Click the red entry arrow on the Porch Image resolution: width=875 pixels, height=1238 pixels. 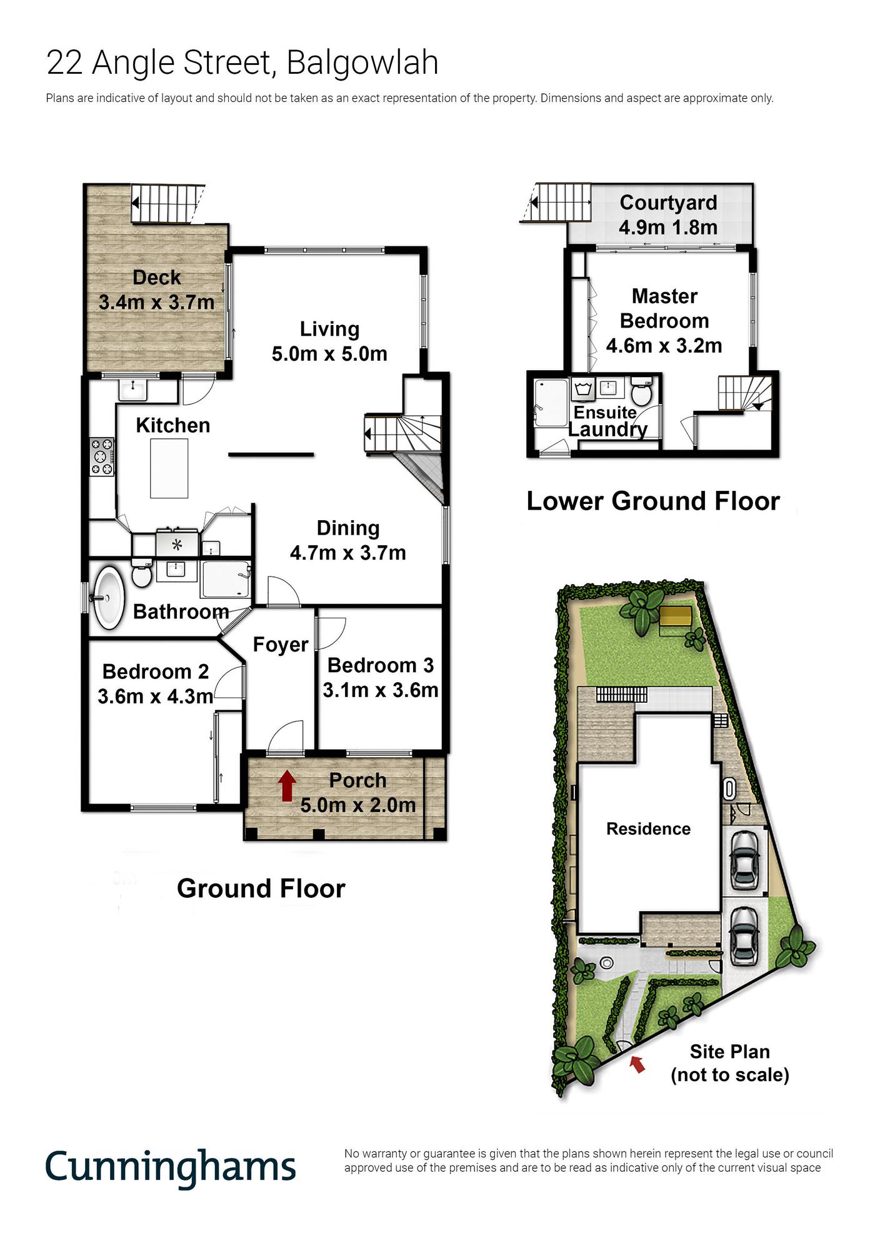(287, 786)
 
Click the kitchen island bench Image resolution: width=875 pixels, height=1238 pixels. (169, 468)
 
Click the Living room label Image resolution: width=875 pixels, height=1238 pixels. (329, 329)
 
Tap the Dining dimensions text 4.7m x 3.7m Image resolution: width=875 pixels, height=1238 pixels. (348, 553)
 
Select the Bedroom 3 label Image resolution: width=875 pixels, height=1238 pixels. (381, 665)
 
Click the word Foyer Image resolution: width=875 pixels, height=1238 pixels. (281, 645)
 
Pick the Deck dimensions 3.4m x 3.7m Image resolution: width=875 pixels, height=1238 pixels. (157, 302)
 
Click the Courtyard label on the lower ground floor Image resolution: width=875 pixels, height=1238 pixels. (668, 203)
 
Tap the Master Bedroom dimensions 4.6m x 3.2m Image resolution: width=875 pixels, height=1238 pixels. (664, 345)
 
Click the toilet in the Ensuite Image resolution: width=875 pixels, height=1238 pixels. (641, 391)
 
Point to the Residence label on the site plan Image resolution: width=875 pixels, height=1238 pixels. (648, 829)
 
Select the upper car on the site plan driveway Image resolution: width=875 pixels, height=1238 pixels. (745, 859)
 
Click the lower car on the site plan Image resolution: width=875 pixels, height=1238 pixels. (744, 935)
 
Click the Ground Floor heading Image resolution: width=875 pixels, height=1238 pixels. (261, 888)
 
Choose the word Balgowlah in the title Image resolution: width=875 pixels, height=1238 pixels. (362, 63)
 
